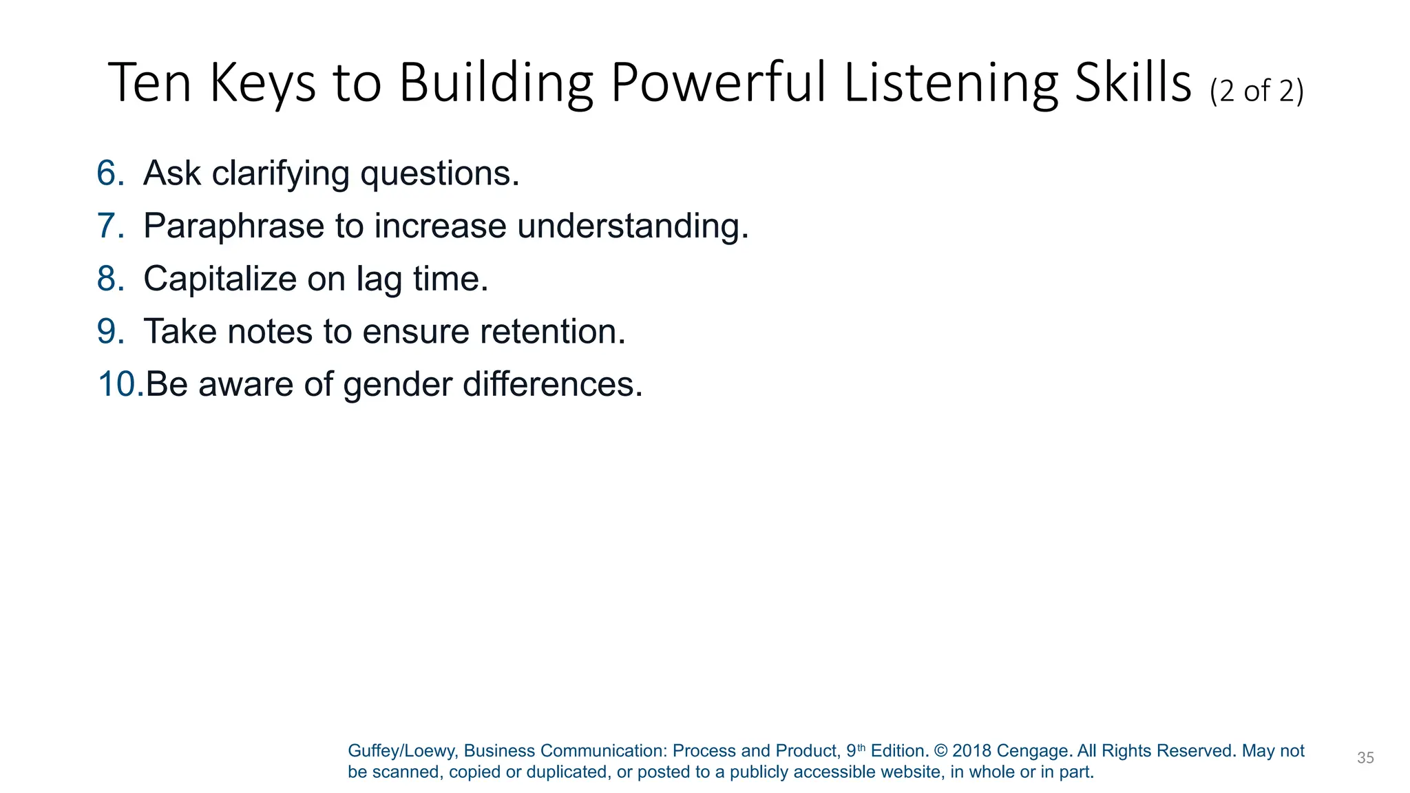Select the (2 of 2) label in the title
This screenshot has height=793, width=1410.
[x=1256, y=91]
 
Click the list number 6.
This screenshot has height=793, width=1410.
[x=109, y=173]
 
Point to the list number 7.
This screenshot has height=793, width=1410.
[x=109, y=226]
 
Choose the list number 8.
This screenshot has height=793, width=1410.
[x=109, y=279]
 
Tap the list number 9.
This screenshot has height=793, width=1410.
[x=109, y=331]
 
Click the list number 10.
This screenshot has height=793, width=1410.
[x=120, y=384]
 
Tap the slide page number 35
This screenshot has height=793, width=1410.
[x=1365, y=758]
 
